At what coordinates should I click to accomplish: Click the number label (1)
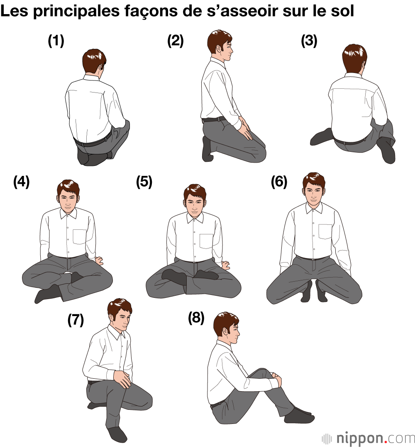tap(56, 41)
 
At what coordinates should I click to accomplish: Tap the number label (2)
tap(175, 41)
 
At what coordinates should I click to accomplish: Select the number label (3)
tap(309, 41)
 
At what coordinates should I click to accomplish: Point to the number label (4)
tap(22, 182)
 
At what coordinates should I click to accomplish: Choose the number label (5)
tap(144, 182)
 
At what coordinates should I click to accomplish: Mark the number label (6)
tap(279, 182)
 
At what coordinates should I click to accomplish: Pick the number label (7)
tap(76, 320)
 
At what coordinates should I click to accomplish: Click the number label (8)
tap(196, 318)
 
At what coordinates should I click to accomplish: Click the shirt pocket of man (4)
tap(80, 237)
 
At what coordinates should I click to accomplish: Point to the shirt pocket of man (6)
tap(325, 232)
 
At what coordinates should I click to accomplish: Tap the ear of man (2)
tap(220, 49)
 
